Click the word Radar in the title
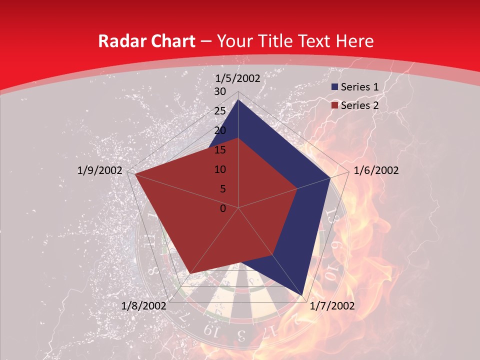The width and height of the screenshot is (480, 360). click(x=121, y=41)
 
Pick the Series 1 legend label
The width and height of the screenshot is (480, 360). click(x=359, y=87)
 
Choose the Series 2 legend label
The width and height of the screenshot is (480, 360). click(x=359, y=105)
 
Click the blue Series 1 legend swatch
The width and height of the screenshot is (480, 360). click(x=334, y=87)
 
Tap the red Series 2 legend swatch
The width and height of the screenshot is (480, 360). click(x=334, y=105)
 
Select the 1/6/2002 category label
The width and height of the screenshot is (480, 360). click(x=376, y=170)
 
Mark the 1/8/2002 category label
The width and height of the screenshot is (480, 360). click(x=144, y=306)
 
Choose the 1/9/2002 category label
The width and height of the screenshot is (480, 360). click(x=100, y=170)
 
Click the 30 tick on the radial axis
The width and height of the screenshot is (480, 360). click(x=220, y=91)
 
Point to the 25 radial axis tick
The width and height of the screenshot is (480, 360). click(x=220, y=111)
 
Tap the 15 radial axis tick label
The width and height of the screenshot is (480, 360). click(x=220, y=150)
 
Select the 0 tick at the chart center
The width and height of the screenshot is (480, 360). click(x=223, y=208)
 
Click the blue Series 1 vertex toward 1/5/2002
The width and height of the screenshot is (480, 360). click(x=238, y=100)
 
